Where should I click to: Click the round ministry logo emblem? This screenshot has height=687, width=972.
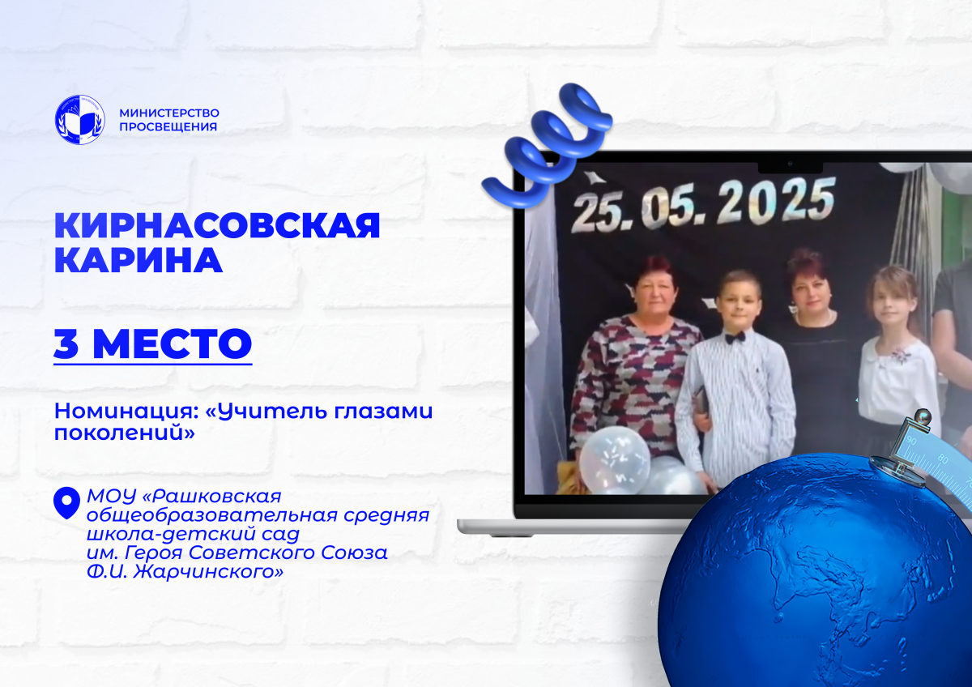80,120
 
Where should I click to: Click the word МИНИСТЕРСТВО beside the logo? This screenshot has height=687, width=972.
169,113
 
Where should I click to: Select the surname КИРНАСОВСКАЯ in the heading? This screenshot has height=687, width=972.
217,225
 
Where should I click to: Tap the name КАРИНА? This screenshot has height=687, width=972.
138,260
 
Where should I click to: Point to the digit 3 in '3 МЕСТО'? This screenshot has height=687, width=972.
66,343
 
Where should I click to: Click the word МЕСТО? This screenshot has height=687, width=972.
173,343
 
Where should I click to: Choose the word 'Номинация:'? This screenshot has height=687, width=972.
123,412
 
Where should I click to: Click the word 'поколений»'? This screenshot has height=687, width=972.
125,433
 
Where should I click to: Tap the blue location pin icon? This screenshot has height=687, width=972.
66,503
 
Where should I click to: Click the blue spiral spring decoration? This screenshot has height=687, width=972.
548,145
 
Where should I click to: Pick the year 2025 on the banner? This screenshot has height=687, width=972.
775,203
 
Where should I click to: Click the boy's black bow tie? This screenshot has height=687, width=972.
735,337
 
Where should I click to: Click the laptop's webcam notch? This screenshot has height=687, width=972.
790,167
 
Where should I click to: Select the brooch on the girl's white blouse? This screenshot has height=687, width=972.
902,356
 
